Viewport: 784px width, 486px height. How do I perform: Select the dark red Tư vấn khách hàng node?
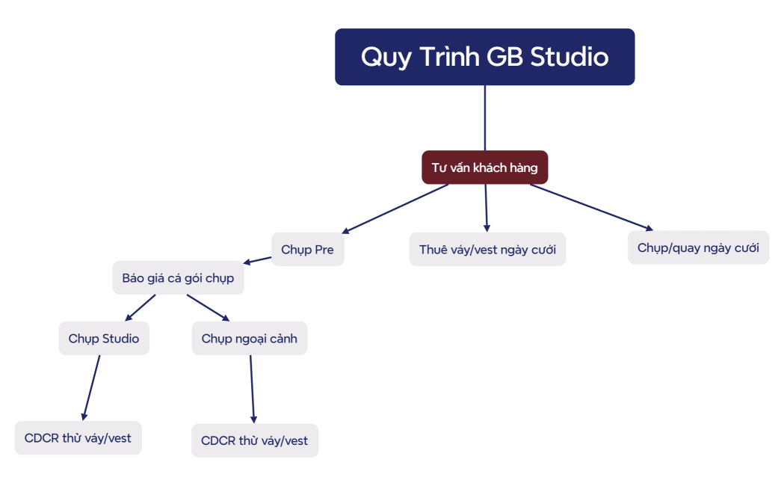pos(484,167)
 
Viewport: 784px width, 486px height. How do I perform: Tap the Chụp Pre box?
pos(307,249)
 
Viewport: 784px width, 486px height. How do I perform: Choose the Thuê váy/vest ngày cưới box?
pos(487,249)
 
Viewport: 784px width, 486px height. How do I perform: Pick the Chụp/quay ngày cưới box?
pos(698,247)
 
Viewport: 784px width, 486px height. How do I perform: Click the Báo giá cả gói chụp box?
pos(178,278)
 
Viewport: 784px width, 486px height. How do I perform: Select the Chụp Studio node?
pos(104,339)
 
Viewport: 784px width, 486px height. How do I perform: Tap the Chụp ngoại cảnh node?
pos(249,339)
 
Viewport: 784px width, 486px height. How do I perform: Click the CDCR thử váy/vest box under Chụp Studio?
pos(78,438)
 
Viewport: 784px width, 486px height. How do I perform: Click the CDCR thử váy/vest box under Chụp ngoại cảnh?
pos(254,441)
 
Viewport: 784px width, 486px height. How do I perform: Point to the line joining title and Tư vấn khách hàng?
pos(485,118)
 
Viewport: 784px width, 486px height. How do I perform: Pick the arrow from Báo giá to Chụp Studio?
pos(140,308)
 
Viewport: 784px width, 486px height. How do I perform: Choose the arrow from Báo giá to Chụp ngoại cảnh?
pos(209,307)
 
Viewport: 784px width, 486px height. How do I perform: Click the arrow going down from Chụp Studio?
pos(91,387)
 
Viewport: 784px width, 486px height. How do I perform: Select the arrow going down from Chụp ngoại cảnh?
pos(252,389)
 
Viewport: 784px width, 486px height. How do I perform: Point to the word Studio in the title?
pos(570,57)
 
